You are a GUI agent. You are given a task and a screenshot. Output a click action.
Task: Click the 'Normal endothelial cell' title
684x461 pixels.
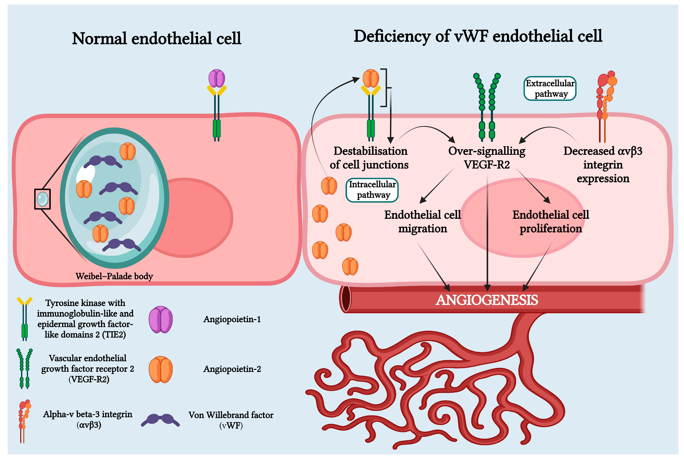pos(156,38)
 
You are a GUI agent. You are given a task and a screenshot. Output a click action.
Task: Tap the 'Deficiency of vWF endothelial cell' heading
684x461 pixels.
pos(478,36)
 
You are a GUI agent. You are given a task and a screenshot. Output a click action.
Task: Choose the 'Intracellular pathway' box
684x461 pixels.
pos(372,190)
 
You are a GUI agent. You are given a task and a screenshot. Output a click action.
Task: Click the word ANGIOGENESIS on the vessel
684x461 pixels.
pos(487,300)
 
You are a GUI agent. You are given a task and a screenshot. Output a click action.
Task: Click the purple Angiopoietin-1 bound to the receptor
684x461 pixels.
pos(217,78)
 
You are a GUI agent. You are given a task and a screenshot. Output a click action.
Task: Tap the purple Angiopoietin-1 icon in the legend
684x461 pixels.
pos(161,320)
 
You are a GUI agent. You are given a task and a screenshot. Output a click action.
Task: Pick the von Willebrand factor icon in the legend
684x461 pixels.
pos(160,420)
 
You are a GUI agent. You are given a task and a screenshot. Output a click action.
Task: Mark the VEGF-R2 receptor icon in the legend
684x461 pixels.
pos(24,369)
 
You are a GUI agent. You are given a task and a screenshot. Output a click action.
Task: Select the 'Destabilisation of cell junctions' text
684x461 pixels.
pos(369,158)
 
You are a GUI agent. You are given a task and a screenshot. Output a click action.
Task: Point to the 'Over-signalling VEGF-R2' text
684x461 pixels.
pos(487,158)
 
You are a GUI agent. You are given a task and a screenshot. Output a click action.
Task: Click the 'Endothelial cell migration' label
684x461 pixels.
pos(423,221)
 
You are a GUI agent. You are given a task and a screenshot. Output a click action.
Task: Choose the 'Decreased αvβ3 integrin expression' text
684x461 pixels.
pos(603,165)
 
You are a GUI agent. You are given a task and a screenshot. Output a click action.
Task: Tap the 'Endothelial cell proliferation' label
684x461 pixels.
pos(551,221)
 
